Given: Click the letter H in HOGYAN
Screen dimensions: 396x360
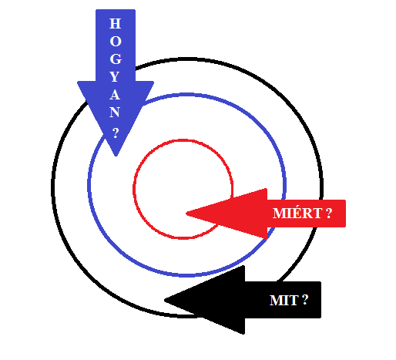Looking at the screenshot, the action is [x=115, y=23].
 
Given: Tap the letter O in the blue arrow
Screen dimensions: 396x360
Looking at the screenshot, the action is [x=116, y=42].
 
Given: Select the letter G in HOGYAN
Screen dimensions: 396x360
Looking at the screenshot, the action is [x=116, y=59].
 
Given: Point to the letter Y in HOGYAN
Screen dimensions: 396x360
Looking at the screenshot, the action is [x=115, y=77].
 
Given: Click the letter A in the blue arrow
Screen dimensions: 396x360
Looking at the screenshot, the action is [x=115, y=95].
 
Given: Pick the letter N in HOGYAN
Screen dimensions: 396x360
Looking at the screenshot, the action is [x=115, y=113].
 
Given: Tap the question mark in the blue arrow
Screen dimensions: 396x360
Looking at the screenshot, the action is [x=116, y=133].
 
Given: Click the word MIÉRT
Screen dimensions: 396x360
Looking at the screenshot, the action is [x=297, y=213].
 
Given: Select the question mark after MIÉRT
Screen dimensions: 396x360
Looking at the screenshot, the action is [x=329, y=214].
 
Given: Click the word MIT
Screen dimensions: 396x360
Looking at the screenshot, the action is [x=284, y=300].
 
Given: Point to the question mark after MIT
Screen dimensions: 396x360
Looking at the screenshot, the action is [x=304, y=300].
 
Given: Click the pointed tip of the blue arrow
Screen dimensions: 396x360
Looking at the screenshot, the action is [x=116, y=156].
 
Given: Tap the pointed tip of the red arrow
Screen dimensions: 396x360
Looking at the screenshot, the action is [x=186, y=214].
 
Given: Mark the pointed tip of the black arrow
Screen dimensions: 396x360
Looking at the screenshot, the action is [x=165, y=300].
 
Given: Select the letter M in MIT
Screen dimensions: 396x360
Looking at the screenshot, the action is [x=275, y=300].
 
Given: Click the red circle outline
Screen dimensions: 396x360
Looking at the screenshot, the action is [x=133, y=190].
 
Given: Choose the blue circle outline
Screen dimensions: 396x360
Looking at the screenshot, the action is [x=89, y=185].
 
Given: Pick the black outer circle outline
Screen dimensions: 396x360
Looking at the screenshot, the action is [x=53, y=187].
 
